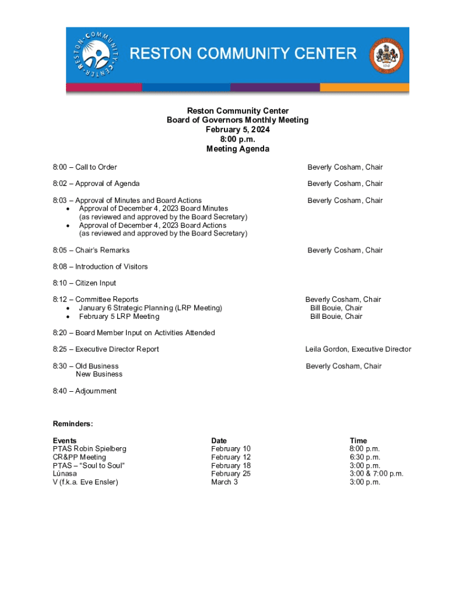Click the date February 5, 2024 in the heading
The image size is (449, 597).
237,130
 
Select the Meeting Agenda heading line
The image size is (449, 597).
237,149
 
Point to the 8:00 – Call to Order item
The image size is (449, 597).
85,167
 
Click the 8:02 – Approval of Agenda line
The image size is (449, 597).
96,184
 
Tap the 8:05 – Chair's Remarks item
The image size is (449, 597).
91,250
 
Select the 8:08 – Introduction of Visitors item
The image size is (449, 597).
100,266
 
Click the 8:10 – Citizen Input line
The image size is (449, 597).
84,283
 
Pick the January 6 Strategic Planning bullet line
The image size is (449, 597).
150,308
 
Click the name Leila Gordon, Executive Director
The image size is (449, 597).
358,349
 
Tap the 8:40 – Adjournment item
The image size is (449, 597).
85,391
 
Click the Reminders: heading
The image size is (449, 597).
73,424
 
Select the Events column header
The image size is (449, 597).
64,441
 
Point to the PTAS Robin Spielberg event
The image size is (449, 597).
89,449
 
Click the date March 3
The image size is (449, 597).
224,482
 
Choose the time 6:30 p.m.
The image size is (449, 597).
364,457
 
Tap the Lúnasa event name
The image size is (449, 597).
65,473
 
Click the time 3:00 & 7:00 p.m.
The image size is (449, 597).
376,473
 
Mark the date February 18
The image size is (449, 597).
231,465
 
